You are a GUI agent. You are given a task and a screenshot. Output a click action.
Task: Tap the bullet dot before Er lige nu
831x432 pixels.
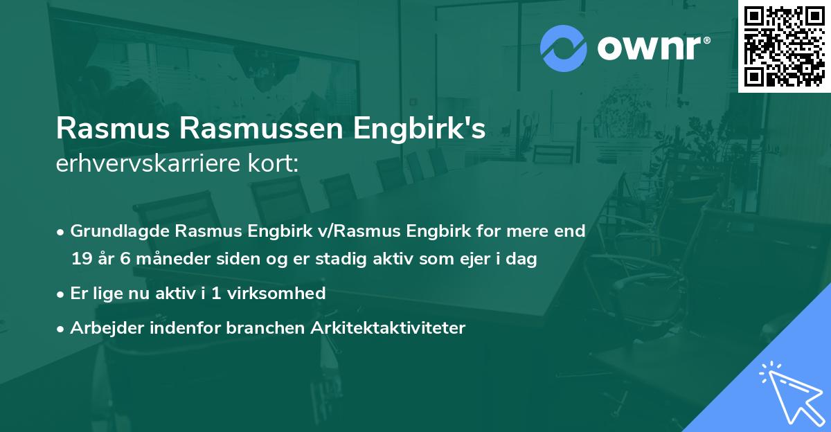click(61, 294)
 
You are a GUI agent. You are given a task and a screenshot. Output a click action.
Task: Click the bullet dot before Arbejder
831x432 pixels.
click(61, 328)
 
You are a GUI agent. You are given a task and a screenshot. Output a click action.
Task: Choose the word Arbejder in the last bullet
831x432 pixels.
click(100, 327)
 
